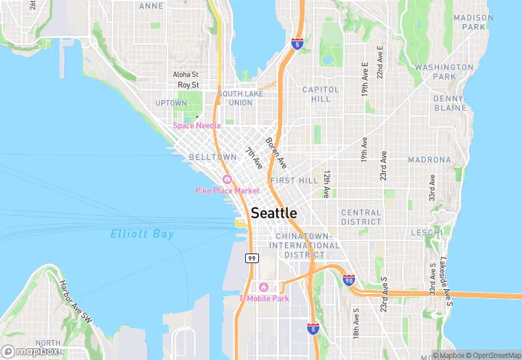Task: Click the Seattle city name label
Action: [274, 213]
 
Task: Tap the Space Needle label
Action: [196, 126]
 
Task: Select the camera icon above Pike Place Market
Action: [227, 180]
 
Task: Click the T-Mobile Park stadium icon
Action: [263, 287]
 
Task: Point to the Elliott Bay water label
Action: [142, 234]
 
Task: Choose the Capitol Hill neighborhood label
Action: [321, 94]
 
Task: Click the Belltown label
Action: [212, 157]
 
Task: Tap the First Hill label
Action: [294, 180]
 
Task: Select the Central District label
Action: [361, 217]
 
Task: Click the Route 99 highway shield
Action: [252, 258]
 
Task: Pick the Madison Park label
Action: [473, 22]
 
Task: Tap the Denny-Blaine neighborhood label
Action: [450, 103]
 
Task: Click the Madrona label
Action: [429, 159]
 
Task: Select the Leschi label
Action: [427, 233]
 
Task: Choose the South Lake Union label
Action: [235, 98]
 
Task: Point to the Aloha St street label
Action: [185, 74]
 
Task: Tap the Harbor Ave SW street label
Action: [76, 302]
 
